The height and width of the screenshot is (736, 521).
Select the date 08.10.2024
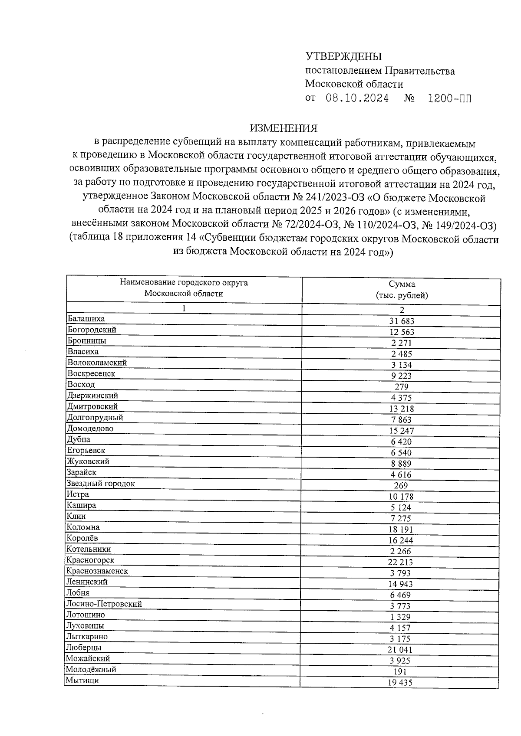[x=357, y=98]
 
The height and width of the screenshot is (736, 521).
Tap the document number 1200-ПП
[x=449, y=98]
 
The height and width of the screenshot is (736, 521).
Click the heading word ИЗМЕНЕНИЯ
[x=284, y=128]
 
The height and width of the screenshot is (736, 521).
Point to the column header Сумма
[x=402, y=285]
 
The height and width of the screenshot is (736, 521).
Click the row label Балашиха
[x=86, y=319]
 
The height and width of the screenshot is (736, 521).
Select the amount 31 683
[x=402, y=321]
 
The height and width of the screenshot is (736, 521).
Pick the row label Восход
[x=81, y=385]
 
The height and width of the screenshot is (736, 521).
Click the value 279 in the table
[x=402, y=387]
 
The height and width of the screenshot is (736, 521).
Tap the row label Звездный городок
[x=101, y=484]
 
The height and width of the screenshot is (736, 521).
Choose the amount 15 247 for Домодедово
[x=402, y=431]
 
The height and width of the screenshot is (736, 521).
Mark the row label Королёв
[x=82, y=538]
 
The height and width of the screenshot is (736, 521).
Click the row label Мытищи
[x=82, y=680]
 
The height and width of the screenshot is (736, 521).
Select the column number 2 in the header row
[x=402, y=310]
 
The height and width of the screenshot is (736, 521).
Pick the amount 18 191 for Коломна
[x=401, y=530]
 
